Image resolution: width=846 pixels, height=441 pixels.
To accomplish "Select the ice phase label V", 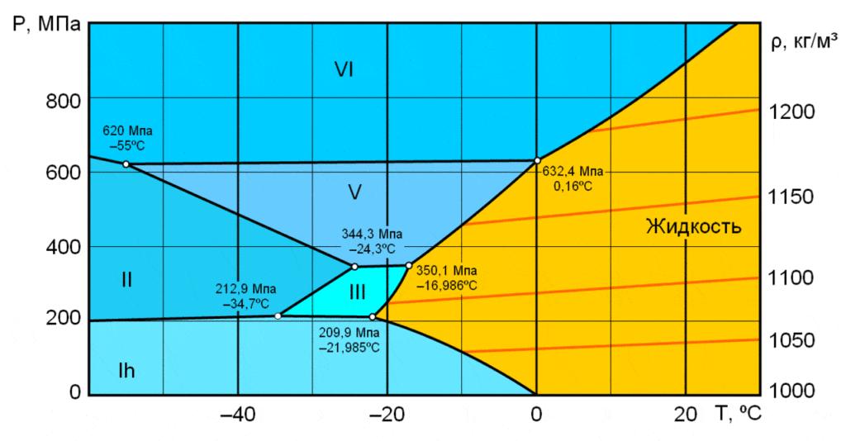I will click(354, 192).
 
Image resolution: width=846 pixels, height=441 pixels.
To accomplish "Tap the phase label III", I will click(357, 292).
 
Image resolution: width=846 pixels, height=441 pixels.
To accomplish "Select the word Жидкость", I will click(694, 225).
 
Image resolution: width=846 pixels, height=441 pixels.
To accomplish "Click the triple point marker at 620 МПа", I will click(126, 164).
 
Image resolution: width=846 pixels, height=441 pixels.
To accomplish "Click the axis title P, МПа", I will click(45, 22).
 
